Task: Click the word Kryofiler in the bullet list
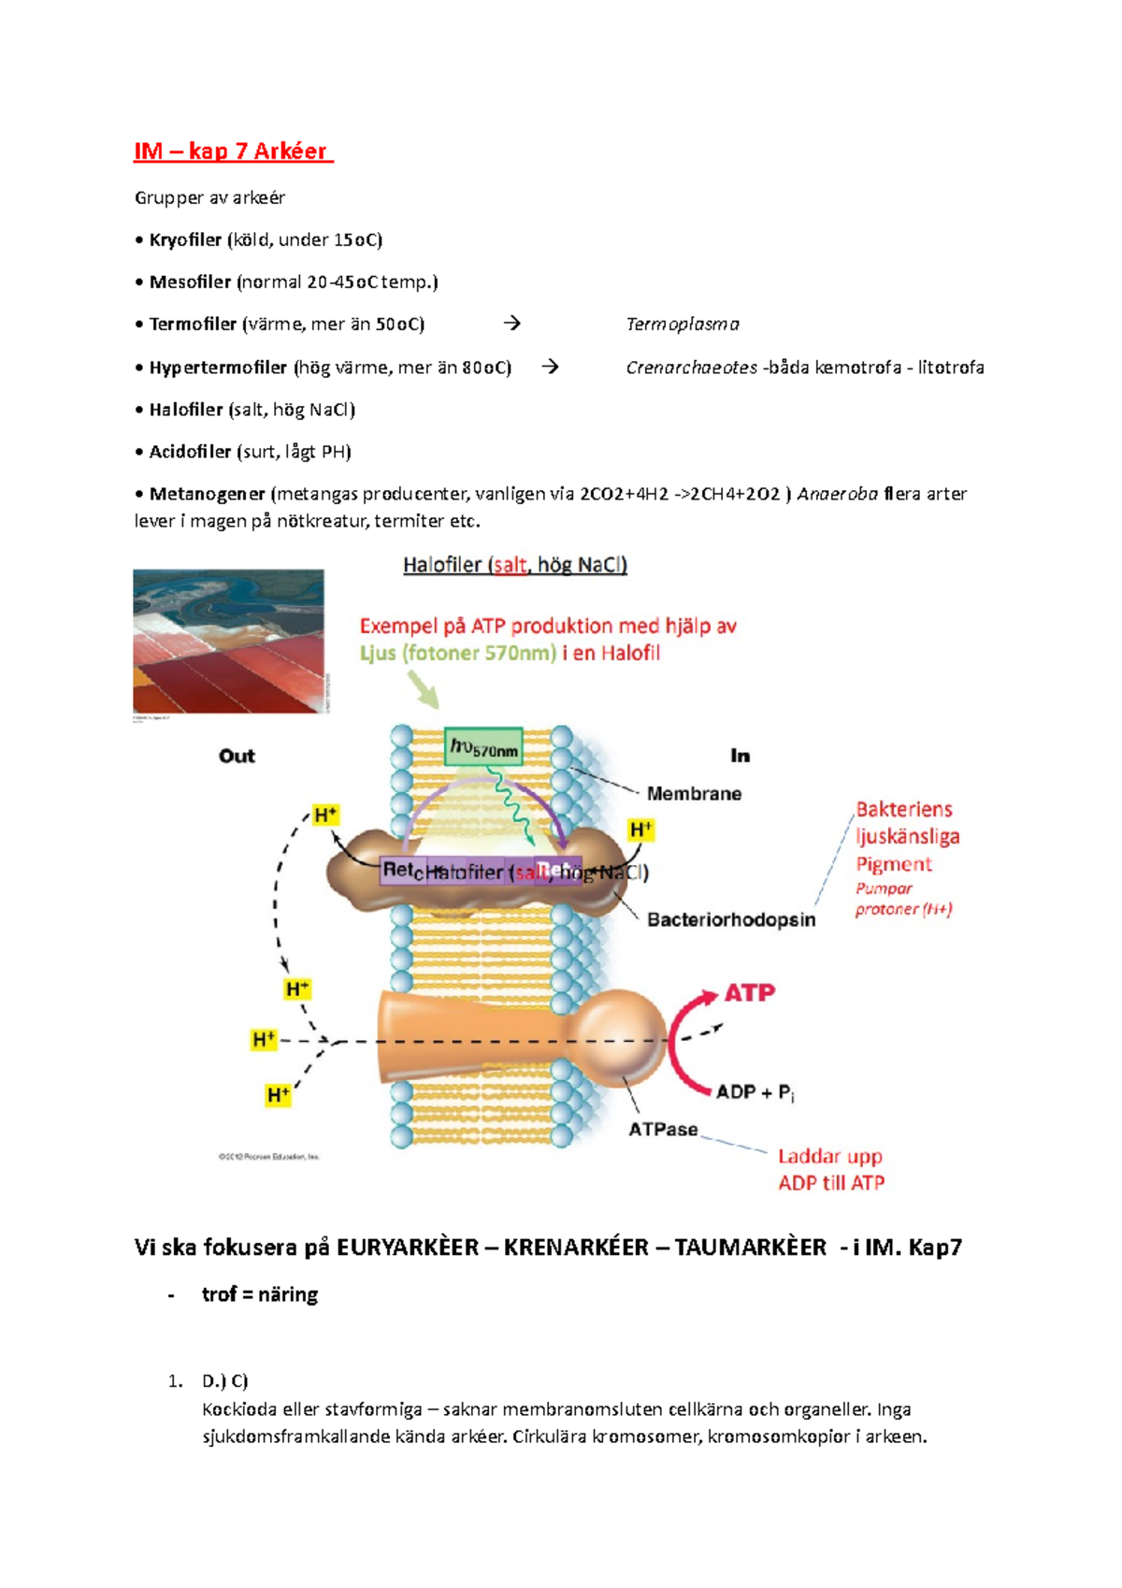coord(185,240)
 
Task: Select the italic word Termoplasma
coord(683,325)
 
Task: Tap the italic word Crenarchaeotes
coord(691,368)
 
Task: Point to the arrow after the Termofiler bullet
coord(511,324)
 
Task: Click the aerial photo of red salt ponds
coord(229,642)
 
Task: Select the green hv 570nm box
coord(483,746)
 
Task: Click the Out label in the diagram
coord(237,756)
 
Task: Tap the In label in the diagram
coord(740,756)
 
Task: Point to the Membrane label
coord(694,794)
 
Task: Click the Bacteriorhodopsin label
coord(731,920)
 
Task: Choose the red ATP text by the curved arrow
coord(750,993)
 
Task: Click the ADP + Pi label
coord(755,1092)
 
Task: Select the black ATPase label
coord(663,1130)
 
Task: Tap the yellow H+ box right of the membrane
coord(641,830)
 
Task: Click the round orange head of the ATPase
coord(617,1038)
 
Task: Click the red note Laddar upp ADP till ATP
coord(831,1170)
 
